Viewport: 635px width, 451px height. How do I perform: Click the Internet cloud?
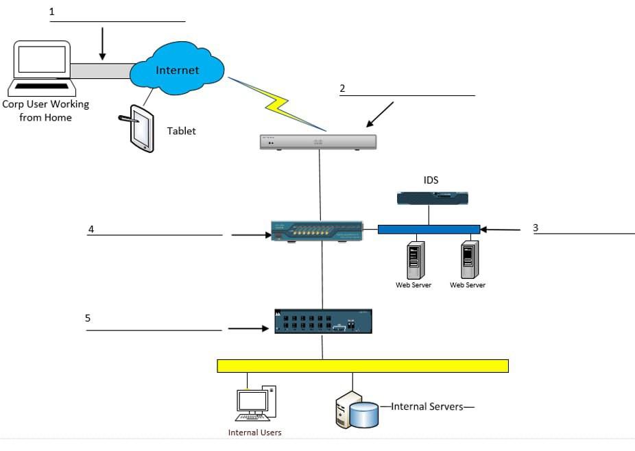point(177,70)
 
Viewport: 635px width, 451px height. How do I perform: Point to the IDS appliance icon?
point(432,199)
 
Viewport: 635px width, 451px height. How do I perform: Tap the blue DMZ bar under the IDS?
point(429,229)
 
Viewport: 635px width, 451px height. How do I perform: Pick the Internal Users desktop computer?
point(254,404)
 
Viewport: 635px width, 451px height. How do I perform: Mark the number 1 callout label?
point(52,12)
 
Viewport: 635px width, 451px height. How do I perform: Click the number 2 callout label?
point(342,88)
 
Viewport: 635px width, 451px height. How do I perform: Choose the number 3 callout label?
point(536,228)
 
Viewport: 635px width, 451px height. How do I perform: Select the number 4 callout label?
point(91,229)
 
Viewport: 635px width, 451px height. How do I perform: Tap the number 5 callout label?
point(88,318)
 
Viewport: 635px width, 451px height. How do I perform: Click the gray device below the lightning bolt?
point(318,142)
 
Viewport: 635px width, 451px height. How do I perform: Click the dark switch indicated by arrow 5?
point(323,321)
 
